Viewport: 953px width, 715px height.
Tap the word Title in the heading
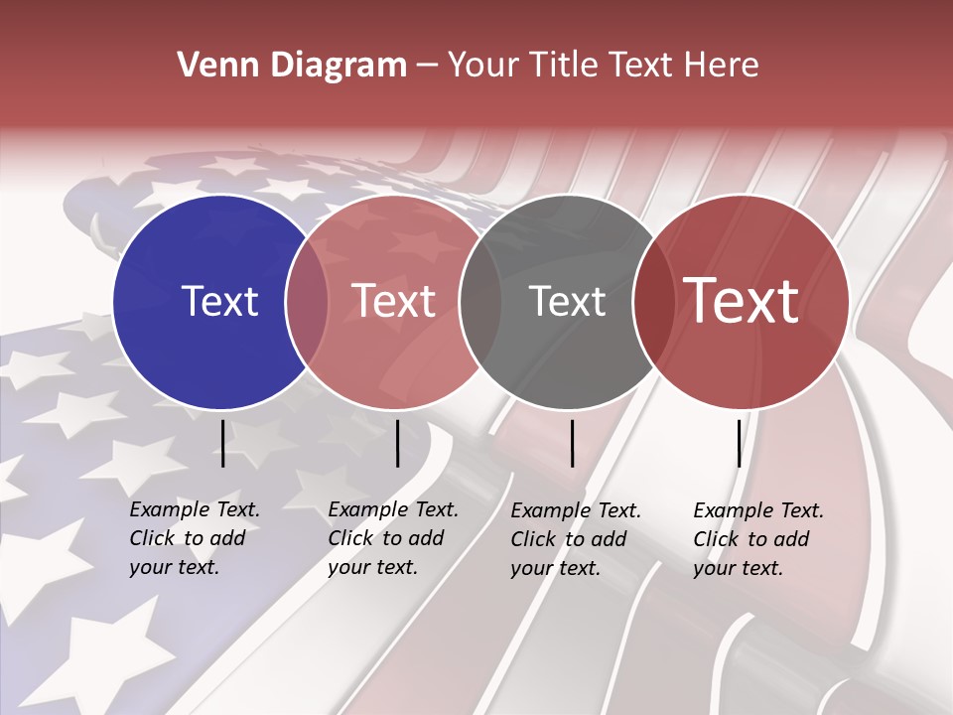565,66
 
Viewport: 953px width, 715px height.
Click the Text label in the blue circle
219,301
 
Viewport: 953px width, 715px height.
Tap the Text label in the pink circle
394,301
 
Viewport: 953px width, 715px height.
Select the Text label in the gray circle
567,301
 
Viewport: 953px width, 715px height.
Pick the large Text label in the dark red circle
742,301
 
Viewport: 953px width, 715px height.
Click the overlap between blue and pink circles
307,301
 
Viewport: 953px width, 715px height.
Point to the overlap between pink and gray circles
480,301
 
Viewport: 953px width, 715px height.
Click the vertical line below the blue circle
222,443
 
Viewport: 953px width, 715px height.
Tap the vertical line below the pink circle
397,443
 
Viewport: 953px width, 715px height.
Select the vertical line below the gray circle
572,443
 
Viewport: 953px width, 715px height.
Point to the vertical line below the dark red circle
739,443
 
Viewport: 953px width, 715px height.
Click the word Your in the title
481,66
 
